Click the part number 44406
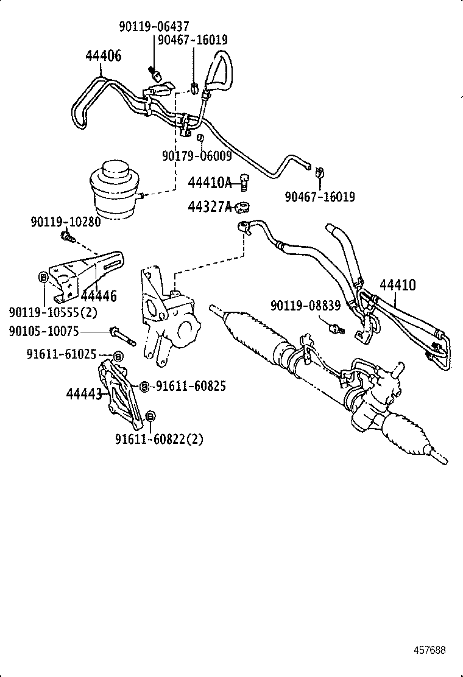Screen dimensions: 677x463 103,57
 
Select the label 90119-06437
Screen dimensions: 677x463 154,26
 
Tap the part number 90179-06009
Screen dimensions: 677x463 197,156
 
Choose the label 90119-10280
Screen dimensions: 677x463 65,222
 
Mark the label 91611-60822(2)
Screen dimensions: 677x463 159,439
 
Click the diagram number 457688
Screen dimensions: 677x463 429,650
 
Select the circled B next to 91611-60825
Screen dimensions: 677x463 144,386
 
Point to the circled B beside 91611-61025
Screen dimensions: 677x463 118,356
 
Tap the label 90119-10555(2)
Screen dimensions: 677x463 54,312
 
